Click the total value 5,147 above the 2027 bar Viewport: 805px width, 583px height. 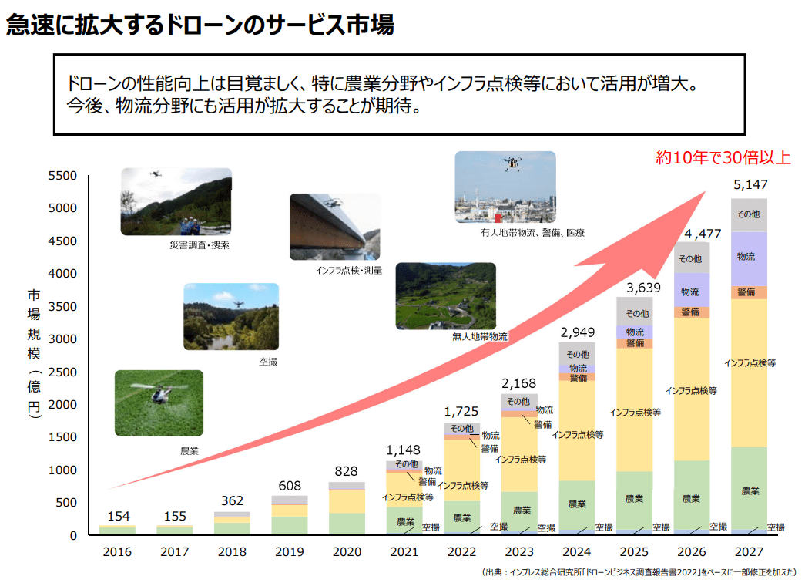(750, 186)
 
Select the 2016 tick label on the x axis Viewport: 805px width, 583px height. (117, 552)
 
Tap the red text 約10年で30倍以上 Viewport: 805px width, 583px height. (723, 158)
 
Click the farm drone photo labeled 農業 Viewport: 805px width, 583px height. (159, 403)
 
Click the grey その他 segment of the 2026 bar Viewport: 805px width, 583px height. (691, 258)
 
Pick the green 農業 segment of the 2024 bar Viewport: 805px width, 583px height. (577, 504)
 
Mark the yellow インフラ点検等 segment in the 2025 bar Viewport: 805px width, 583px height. (635, 412)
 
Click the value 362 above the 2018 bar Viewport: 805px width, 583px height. (233, 500)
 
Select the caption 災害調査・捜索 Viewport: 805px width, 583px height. (200, 246)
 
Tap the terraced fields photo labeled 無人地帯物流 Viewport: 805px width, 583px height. (444, 295)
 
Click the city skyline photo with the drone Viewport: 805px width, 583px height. (505, 186)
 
